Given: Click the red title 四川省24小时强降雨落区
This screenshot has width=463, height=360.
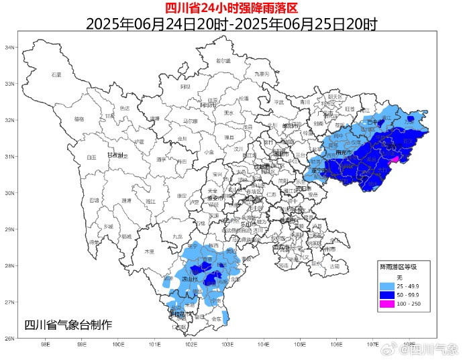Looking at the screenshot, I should [231, 8].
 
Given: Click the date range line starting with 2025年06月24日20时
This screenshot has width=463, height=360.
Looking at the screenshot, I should [231, 24].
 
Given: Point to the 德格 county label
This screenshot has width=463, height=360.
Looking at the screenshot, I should [79, 119].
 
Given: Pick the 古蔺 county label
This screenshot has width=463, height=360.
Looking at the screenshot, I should [334, 266].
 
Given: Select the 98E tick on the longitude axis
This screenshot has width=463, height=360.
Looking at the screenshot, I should [46, 345].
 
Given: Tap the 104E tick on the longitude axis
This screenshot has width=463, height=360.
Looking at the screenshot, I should [264, 345].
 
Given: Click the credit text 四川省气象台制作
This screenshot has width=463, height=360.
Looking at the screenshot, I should [68, 324].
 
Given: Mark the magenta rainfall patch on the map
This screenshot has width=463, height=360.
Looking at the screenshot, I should [395, 160].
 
